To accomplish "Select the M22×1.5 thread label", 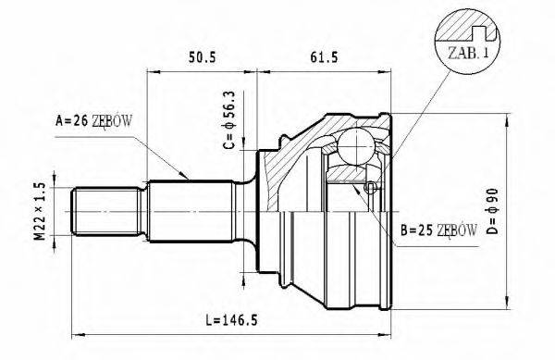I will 39,212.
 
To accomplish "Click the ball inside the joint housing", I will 353,145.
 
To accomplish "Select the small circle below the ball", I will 370,188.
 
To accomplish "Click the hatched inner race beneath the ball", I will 351,174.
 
